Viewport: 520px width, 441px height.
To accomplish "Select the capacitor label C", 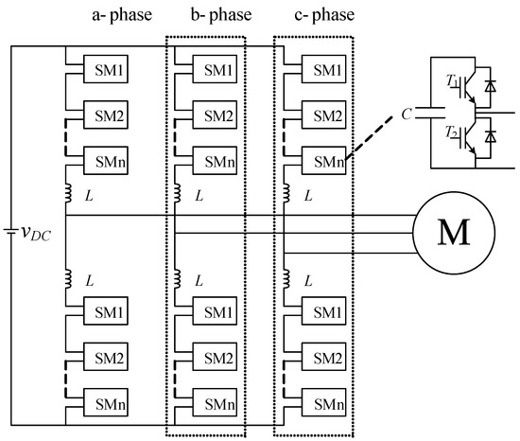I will tap(406, 115).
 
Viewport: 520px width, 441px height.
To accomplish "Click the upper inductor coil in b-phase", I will tap(176, 195).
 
